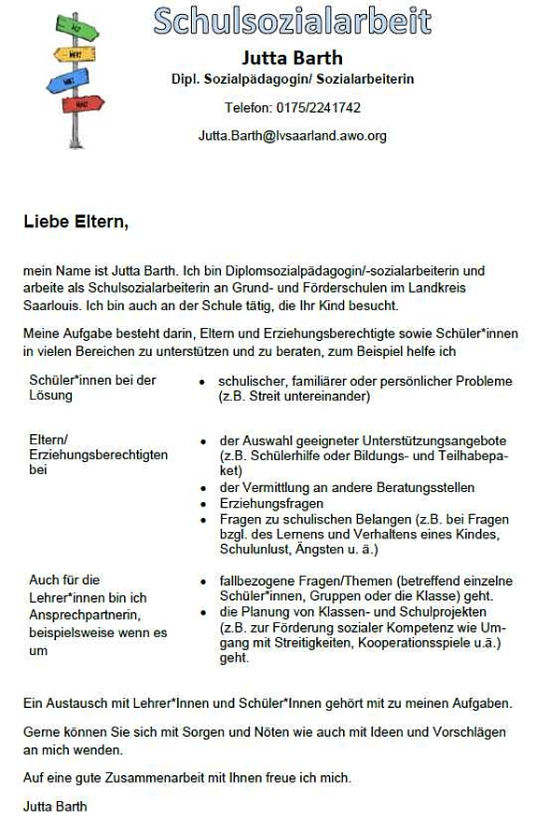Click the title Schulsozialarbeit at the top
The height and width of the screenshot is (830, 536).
click(292, 20)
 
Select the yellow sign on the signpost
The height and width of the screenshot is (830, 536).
click(74, 54)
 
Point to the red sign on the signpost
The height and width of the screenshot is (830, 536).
click(84, 102)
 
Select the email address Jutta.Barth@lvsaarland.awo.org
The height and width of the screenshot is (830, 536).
click(292, 136)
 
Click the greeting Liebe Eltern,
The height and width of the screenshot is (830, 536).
click(76, 223)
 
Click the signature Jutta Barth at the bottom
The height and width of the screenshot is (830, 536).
click(55, 804)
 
